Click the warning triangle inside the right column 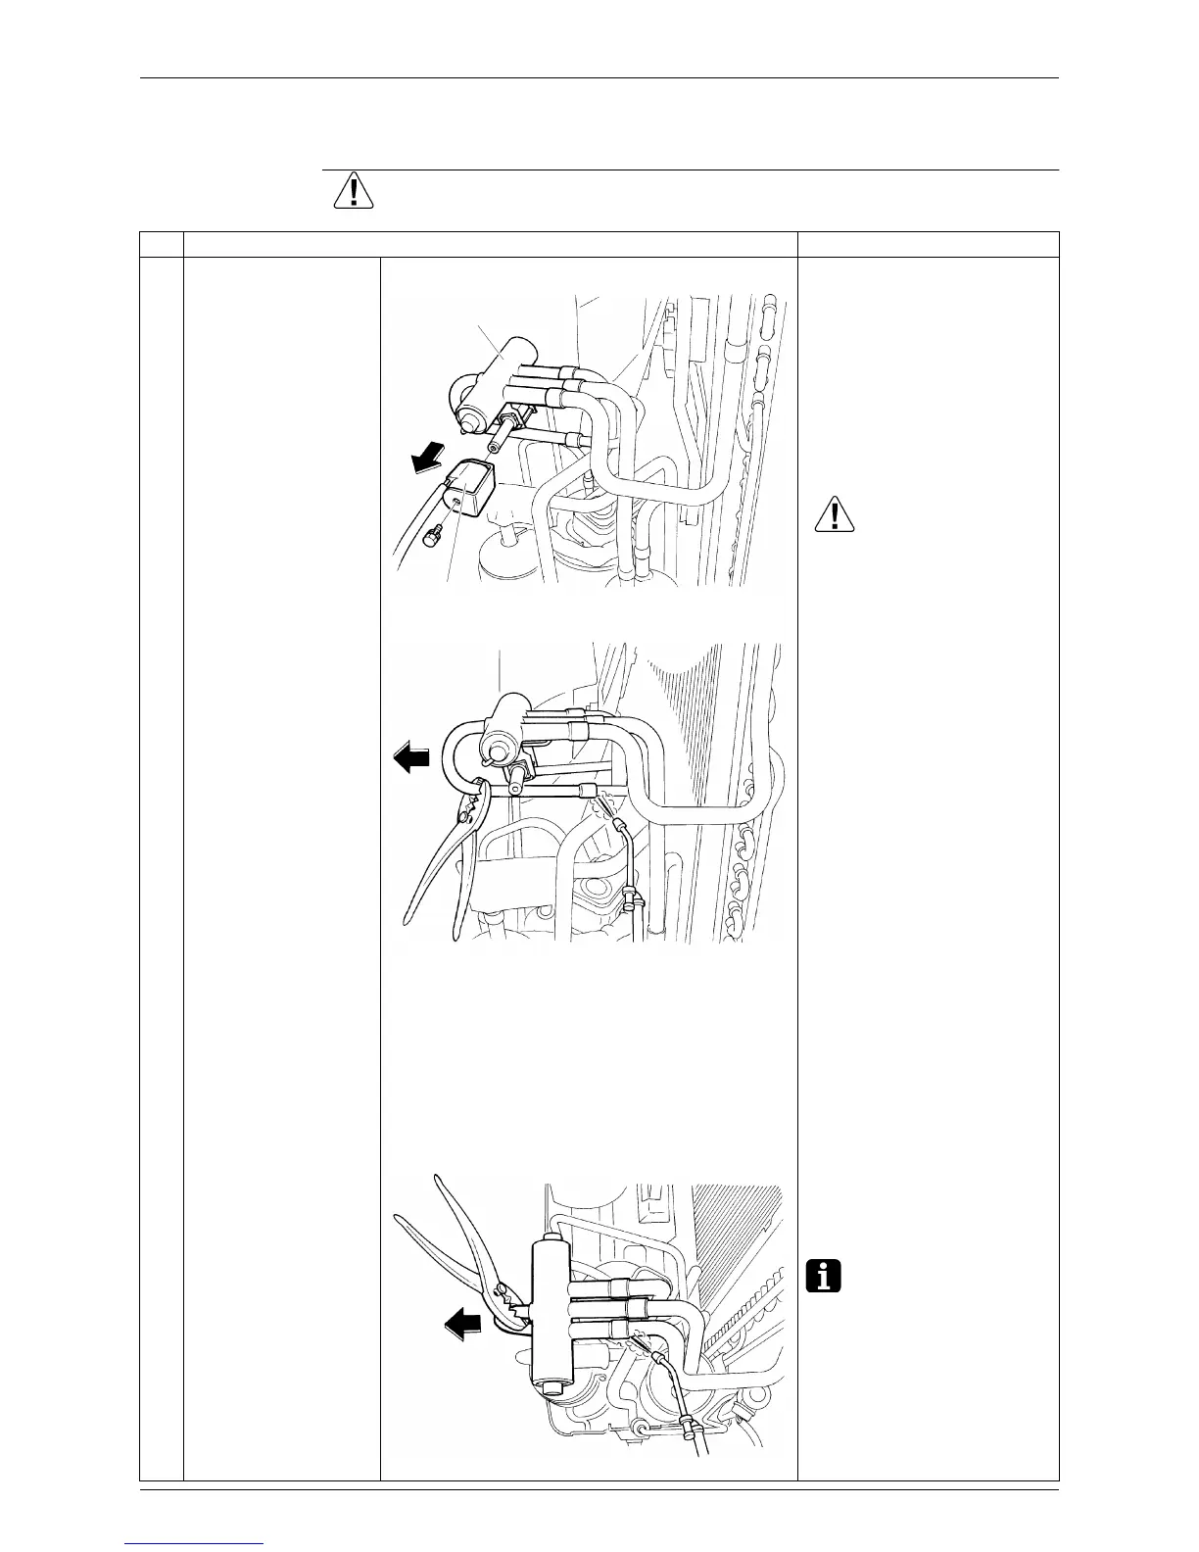click(835, 515)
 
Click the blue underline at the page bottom click(195, 1543)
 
